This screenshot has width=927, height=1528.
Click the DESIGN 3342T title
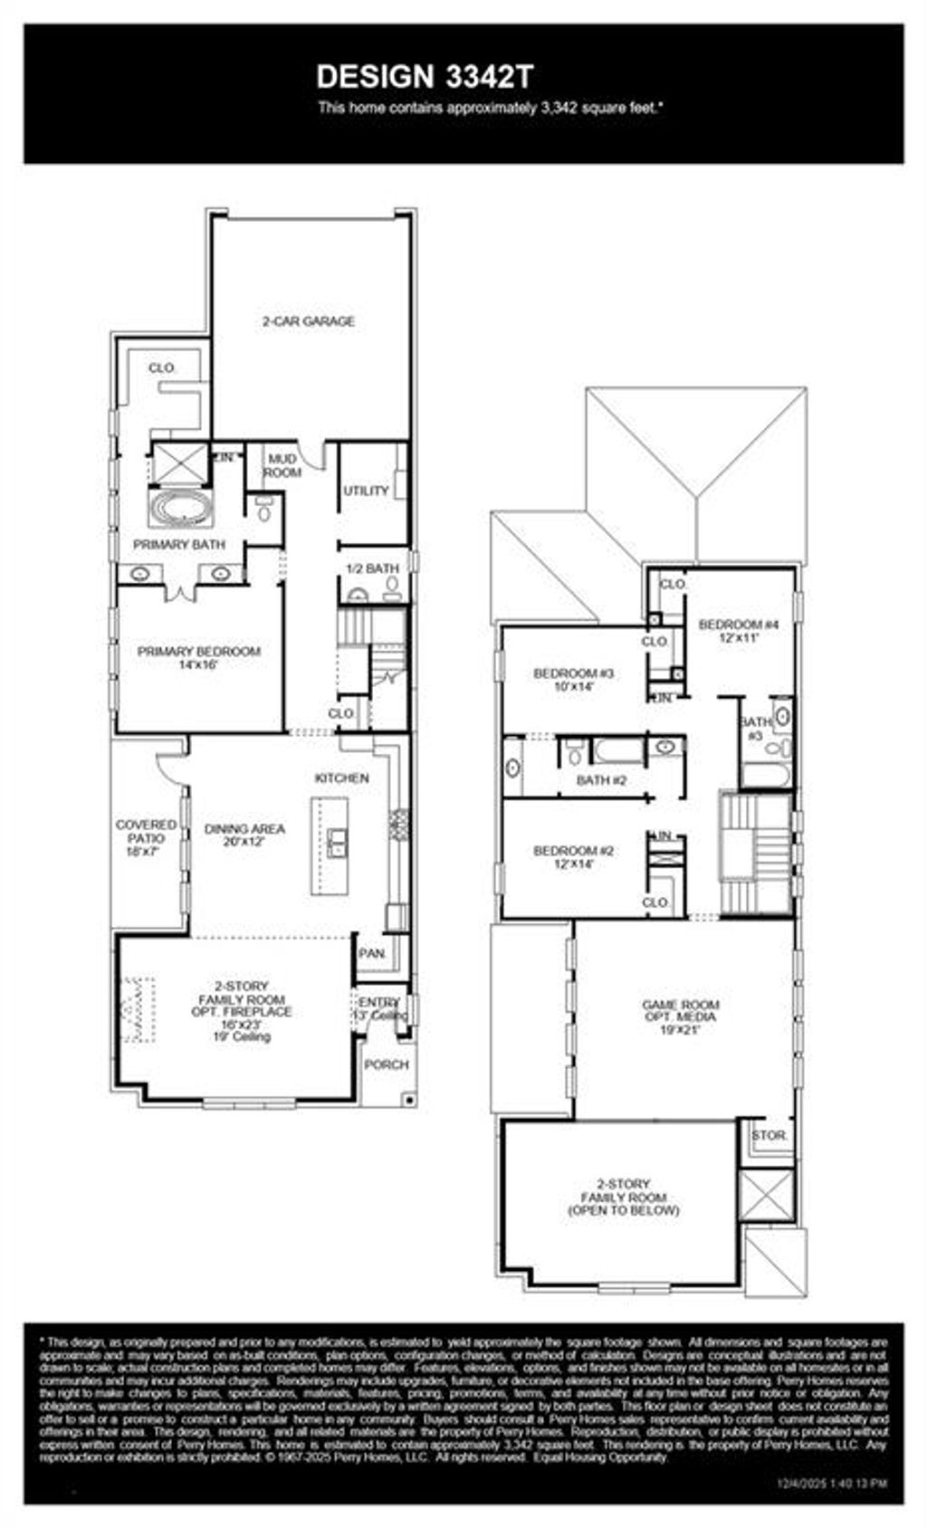point(425,77)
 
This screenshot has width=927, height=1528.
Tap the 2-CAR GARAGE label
point(309,321)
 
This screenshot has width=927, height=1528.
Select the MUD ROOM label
point(282,466)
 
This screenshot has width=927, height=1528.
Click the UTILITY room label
point(366,491)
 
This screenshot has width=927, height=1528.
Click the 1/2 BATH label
point(372,568)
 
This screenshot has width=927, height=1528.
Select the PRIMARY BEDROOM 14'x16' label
point(198,657)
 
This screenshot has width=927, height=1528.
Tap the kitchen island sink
point(336,843)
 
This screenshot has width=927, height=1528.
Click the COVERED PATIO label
point(146,837)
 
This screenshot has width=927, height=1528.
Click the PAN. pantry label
point(372,953)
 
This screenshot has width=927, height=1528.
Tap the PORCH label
point(387,1065)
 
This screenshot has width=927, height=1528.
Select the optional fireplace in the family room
point(137,1009)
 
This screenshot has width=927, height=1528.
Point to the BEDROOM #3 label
point(574,679)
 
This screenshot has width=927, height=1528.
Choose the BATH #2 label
point(602,779)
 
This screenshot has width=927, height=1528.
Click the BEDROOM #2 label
point(574,856)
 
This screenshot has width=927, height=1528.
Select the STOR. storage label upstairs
point(769,1135)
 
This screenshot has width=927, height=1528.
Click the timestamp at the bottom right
point(833,1484)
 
